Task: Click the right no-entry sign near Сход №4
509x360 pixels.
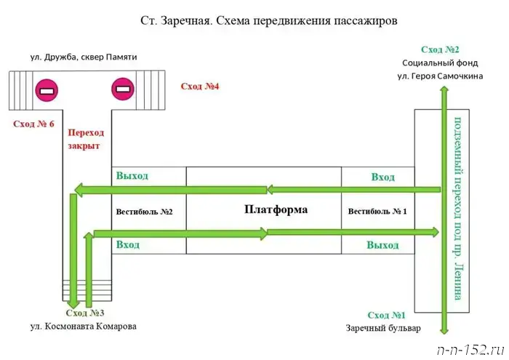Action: [122, 91]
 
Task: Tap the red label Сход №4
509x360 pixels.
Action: [200, 87]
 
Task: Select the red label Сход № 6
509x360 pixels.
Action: [33, 124]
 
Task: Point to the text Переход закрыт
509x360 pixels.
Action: [85, 139]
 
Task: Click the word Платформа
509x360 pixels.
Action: [276, 209]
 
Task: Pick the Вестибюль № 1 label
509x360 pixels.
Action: [377, 212]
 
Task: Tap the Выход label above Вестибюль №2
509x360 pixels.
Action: [132, 176]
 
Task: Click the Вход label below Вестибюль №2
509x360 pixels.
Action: [127, 245]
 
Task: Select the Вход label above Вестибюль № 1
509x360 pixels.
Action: [382, 177]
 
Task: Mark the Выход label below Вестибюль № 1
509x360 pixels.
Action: [382, 246]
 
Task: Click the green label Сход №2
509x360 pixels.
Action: [440, 49]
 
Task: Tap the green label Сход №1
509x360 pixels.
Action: [386, 315]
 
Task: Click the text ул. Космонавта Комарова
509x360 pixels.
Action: [83, 327]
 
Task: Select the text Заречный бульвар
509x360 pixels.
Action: [382, 329]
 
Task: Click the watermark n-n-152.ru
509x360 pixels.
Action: [470, 348]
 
